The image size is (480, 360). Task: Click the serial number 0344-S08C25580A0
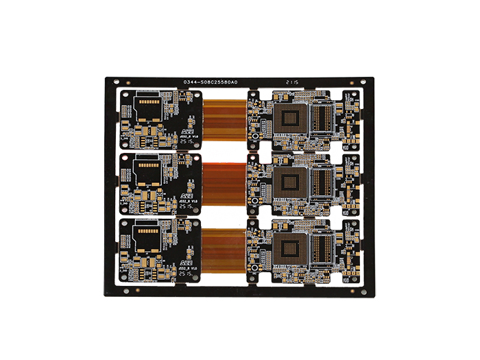[210, 82]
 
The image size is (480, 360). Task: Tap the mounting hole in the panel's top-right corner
[362, 82]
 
